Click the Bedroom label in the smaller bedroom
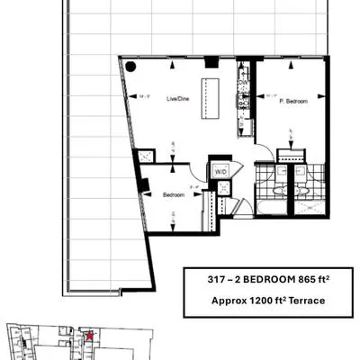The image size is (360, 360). pyautogui.click(x=174, y=194)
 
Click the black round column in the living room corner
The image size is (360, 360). pyautogui.click(x=130, y=66)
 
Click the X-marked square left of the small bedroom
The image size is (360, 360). pyautogui.click(x=143, y=156)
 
